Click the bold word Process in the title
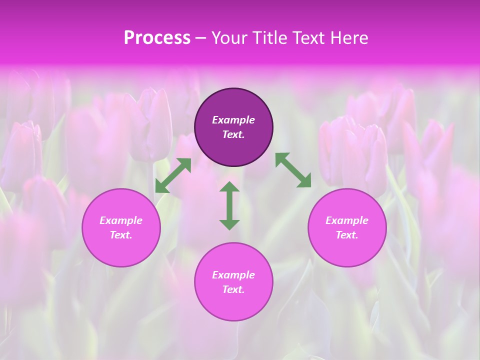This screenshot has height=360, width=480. tap(157, 38)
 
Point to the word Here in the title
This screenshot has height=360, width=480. tap(350, 38)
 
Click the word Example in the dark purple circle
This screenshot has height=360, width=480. tap(233, 120)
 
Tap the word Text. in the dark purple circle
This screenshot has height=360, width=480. tap(233, 134)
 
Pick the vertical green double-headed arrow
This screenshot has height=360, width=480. tap(229, 205)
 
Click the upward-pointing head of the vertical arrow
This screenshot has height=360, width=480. tap(229, 186)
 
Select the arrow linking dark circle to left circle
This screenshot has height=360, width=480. tap(173, 175)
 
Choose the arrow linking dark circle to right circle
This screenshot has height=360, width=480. tap(293, 170)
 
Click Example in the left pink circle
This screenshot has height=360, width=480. tap(121, 220)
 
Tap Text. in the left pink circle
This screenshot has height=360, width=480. tap(121, 235)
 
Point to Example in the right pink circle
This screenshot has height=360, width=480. tap(347, 220)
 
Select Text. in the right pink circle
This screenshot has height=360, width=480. tap(347, 235)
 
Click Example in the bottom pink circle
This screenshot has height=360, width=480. tap(233, 275)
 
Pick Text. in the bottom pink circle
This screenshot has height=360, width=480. tap(233, 289)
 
